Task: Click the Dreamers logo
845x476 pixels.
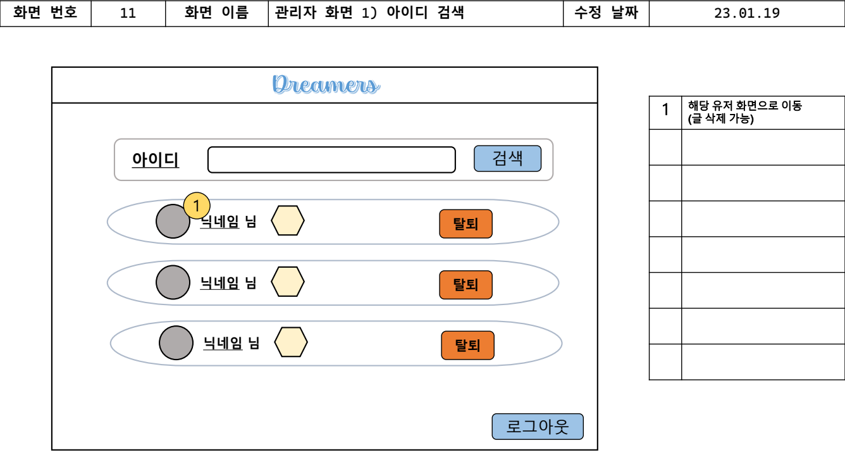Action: (x=326, y=85)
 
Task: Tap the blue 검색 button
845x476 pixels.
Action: (x=507, y=158)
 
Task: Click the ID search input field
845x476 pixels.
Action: (x=331, y=160)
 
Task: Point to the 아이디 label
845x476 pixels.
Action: (x=156, y=160)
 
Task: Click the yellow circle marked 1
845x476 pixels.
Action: (x=197, y=205)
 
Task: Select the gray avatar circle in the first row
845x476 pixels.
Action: (x=172, y=222)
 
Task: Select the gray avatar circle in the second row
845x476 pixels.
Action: (x=173, y=282)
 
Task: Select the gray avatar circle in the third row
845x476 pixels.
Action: (x=176, y=343)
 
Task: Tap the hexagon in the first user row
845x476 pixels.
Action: (x=288, y=221)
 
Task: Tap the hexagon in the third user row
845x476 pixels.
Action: (x=291, y=342)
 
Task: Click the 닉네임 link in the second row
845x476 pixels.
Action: (x=219, y=283)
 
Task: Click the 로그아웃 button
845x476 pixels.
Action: (x=538, y=427)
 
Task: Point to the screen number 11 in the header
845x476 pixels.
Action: (x=128, y=13)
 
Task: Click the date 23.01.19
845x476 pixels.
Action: (x=746, y=13)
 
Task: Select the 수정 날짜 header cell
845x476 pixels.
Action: (x=606, y=13)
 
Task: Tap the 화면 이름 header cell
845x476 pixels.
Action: (x=216, y=13)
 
